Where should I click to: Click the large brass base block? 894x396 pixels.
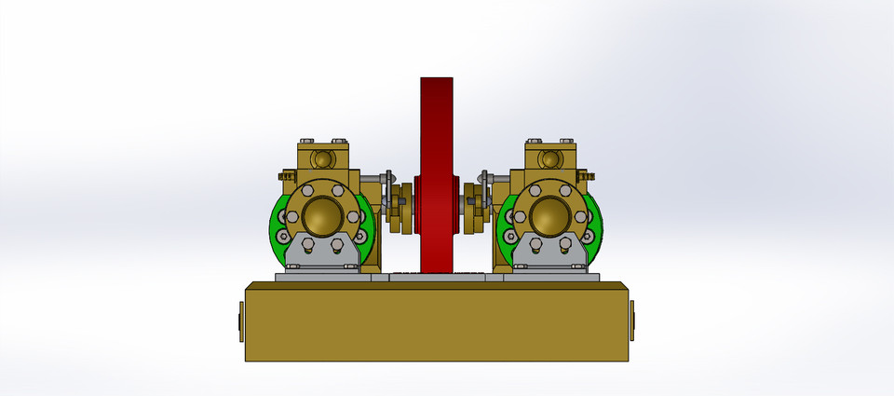click(438, 321)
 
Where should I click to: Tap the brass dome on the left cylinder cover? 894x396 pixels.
click(320, 216)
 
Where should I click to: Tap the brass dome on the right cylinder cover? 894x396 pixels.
click(549, 216)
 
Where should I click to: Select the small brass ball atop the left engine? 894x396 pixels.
click(322, 158)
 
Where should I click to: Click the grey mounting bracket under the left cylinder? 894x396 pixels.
click(321, 253)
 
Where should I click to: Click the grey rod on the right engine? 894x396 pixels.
click(499, 177)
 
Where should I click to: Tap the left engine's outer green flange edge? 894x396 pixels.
click(277, 228)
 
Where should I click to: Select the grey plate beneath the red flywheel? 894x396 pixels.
click(438, 277)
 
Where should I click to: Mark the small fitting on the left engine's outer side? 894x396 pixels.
click(284, 175)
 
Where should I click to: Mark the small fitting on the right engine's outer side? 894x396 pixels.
click(587, 174)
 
